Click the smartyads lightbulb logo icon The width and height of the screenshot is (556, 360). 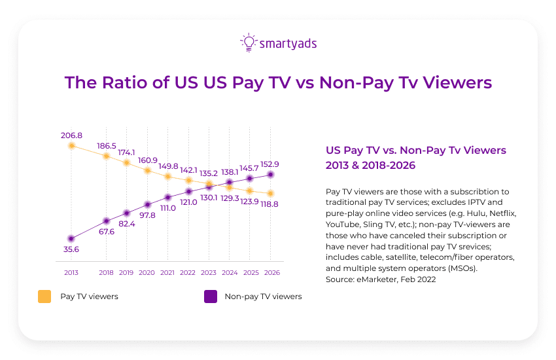(x=249, y=43)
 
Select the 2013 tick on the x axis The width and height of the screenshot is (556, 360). (x=72, y=272)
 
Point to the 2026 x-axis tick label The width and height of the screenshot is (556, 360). (x=271, y=272)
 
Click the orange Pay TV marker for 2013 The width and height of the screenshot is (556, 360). (x=72, y=145)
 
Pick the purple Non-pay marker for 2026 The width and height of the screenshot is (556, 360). (x=271, y=175)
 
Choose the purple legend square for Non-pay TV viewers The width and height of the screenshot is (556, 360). (x=210, y=297)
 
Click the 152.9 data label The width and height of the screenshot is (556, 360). (x=271, y=164)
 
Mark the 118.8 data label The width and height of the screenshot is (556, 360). (x=271, y=204)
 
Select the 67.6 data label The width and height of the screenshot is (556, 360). (x=107, y=231)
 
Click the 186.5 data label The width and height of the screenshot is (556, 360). (x=107, y=145)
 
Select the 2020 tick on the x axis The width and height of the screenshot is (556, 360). (x=148, y=272)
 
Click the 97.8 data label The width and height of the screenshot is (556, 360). (x=148, y=215)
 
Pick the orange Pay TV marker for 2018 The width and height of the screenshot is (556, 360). (x=107, y=156)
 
